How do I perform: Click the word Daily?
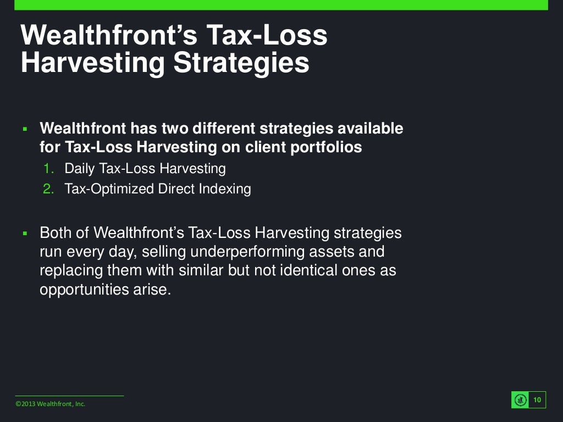click(80, 168)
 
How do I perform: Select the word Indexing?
click(225, 189)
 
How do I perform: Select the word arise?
click(151, 290)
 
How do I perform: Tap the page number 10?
click(537, 399)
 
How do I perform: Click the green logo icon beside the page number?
click(520, 400)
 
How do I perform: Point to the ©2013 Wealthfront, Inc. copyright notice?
click(51, 404)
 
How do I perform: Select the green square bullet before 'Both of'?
click(25, 234)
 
